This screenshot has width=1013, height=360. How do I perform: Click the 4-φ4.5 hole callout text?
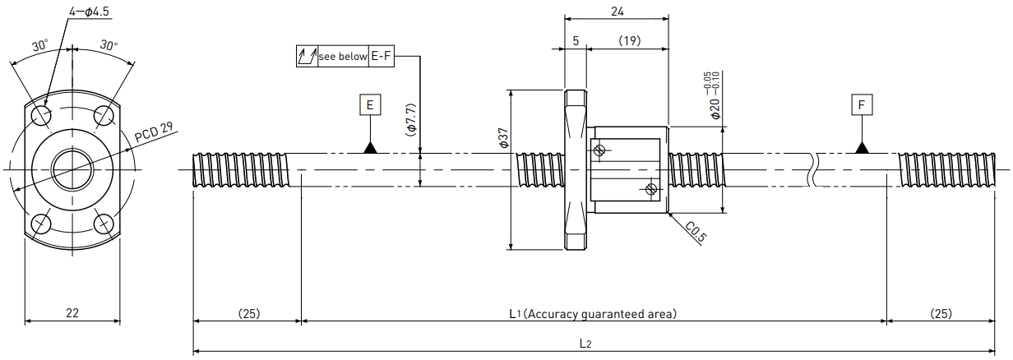pyautogui.click(x=89, y=12)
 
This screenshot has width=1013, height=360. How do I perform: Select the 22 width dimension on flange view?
pyautogui.click(x=72, y=312)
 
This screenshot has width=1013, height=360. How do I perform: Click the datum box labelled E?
pyautogui.click(x=370, y=105)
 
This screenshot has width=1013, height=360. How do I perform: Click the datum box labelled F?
pyautogui.click(x=861, y=105)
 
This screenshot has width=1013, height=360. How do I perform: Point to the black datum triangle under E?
pyautogui.click(x=370, y=148)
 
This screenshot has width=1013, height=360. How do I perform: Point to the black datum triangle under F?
pyautogui.click(x=862, y=148)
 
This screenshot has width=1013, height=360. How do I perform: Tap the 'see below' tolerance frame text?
pyautogui.click(x=343, y=57)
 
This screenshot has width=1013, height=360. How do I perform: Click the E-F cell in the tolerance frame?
pyautogui.click(x=382, y=56)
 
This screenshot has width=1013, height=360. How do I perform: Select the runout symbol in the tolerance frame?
pyautogui.click(x=307, y=56)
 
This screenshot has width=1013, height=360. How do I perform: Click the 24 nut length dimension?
pyautogui.click(x=617, y=12)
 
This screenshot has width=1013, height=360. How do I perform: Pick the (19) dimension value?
pyautogui.click(x=630, y=41)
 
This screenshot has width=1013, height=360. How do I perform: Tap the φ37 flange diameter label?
pyautogui.click(x=503, y=137)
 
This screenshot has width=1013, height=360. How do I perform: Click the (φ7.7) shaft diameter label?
pyautogui.click(x=410, y=120)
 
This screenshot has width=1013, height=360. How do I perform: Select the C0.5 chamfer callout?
pyautogui.click(x=695, y=232)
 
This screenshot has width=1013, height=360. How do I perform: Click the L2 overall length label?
pyautogui.click(x=585, y=344)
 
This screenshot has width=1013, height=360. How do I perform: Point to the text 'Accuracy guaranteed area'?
pyautogui.click(x=599, y=313)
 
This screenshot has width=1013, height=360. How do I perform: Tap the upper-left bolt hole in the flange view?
pyautogui.click(x=42, y=116)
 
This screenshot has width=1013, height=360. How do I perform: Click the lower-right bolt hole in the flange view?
pyautogui.click(x=104, y=224)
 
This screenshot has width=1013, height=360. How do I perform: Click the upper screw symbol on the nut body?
pyautogui.click(x=599, y=150)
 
